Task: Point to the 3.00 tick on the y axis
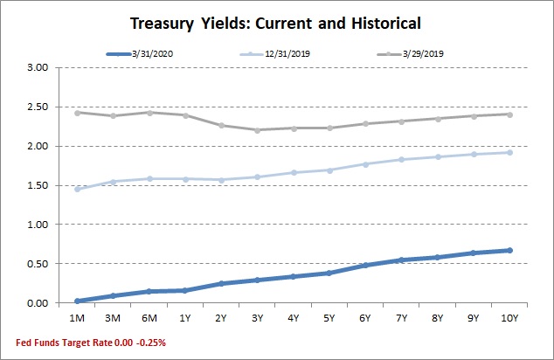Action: point(38,67)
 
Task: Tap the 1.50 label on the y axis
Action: point(38,185)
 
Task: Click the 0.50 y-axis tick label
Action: point(38,264)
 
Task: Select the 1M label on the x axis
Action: point(78,318)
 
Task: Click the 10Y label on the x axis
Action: point(509,318)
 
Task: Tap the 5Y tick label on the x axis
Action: point(329,318)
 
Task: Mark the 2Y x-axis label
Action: point(221,318)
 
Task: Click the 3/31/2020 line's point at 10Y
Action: point(509,251)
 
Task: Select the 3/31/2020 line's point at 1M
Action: point(78,301)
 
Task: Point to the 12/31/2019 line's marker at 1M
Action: point(78,189)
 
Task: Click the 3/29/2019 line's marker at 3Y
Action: point(257,130)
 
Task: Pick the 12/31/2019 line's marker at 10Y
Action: point(509,152)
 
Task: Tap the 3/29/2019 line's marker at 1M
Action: point(78,113)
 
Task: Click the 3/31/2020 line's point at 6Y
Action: point(365,265)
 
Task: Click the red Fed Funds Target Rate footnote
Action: point(85,343)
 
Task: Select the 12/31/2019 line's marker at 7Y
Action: point(401,159)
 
